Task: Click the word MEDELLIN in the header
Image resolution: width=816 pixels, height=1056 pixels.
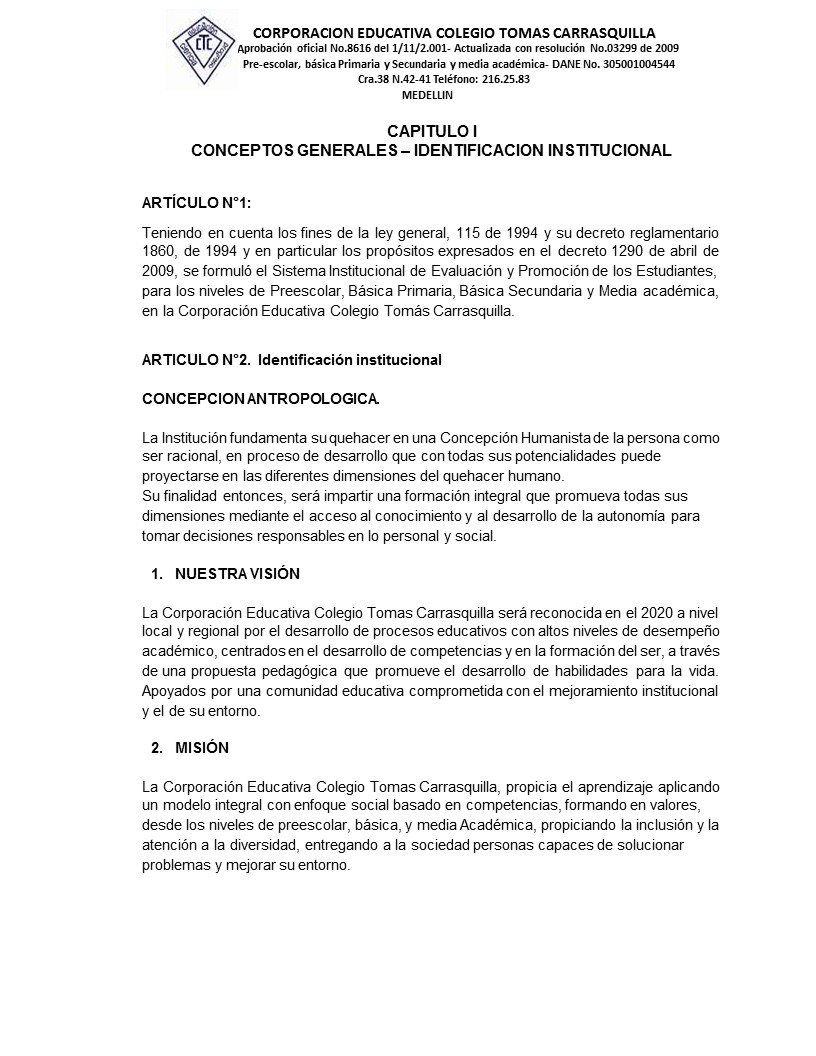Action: [x=427, y=94]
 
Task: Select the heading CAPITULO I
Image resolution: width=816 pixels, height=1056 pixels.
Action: [x=431, y=131]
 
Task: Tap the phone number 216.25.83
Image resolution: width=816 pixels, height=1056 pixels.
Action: [x=505, y=79]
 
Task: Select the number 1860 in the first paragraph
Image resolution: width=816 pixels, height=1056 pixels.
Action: [x=160, y=250]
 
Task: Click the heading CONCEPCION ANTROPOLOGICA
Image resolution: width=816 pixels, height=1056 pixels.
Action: [x=260, y=398]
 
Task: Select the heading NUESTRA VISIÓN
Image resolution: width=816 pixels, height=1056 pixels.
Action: [x=237, y=574]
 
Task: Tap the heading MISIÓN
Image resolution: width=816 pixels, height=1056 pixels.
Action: [x=202, y=748]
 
